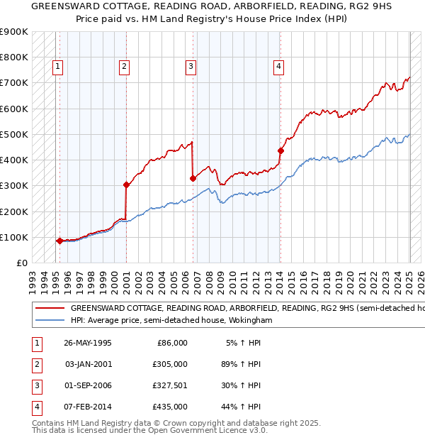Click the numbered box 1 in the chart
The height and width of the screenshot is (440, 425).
[x=57, y=67]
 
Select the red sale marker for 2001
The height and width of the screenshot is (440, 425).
[x=126, y=185]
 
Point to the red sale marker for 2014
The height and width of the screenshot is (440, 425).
[x=280, y=150]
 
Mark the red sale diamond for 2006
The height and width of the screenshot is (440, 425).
[x=193, y=179]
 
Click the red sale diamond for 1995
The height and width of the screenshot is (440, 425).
[x=59, y=241]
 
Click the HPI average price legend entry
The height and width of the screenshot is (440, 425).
[x=170, y=321]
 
